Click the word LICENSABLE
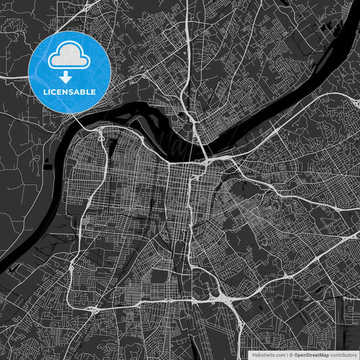70,91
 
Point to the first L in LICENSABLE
45,91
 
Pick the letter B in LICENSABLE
84,91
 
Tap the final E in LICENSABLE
94,91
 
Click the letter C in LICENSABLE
55,91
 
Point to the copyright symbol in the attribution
290,354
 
